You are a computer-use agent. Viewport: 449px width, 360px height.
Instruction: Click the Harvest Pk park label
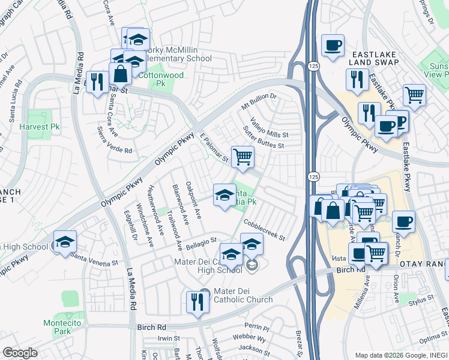tap(39, 127)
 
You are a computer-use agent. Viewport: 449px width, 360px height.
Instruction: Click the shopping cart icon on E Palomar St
tap(243, 157)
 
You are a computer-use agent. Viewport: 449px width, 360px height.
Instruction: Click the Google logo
tap(20, 353)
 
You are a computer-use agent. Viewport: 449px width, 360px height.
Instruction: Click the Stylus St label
tap(421, 298)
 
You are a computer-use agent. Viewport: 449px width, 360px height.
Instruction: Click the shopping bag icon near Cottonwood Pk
tap(121, 74)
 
